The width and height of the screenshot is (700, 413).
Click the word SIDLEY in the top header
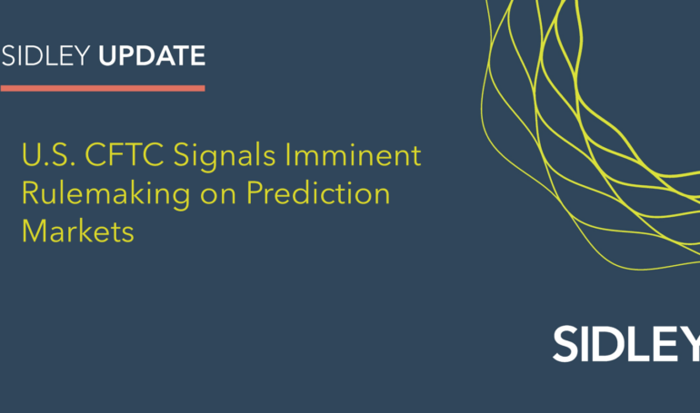pos(46,56)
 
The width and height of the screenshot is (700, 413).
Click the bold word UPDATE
pos(151,56)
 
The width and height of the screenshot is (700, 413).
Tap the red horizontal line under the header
pos(102,88)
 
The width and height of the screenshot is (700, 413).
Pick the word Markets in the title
pos(78,231)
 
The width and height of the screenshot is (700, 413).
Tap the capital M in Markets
pos(35,231)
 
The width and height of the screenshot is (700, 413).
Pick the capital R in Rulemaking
pos(31,194)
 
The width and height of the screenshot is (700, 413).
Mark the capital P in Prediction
pos(260,194)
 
